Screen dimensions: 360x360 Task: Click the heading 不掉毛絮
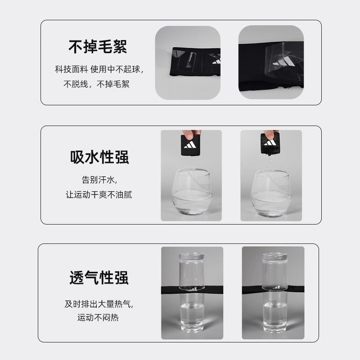(98, 47)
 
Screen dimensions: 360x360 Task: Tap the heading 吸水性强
(99, 157)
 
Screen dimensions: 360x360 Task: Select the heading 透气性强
(99, 278)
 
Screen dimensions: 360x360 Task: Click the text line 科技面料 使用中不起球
(99, 69)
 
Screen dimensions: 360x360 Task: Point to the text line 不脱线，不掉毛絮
(96, 84)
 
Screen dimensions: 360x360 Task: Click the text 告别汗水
(99, 180)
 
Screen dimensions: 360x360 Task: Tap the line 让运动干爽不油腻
(99, 195)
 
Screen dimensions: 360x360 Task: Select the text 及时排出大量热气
(99, 304)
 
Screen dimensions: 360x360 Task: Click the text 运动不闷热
(98, 318)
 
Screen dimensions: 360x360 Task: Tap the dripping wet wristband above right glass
(270, 144)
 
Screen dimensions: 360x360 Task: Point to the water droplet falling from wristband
(270, 158)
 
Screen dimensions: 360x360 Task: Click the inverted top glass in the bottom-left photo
(192, 271)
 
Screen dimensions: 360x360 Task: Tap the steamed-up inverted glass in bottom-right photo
(274, 271)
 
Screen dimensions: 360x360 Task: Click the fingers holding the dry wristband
(191, 134)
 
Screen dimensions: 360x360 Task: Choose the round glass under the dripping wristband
(271, 193)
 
